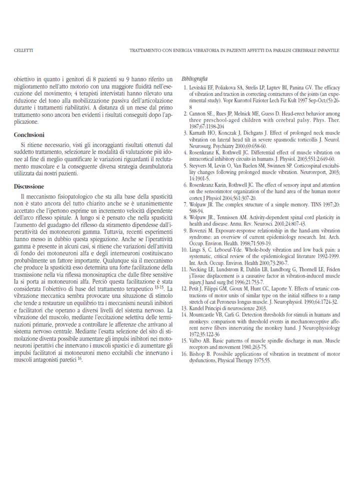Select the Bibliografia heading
point(194,79)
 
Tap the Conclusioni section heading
point(30,135)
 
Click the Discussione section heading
point(29,186)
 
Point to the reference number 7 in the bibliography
point(185,191)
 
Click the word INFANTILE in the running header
point(328,50)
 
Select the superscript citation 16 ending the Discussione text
point(80,358)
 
